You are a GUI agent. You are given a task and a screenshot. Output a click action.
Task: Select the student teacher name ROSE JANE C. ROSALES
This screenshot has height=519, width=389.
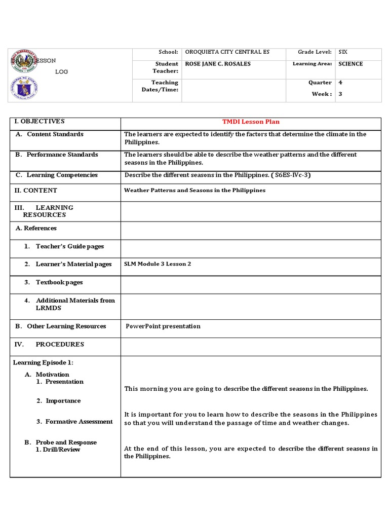(218, 64)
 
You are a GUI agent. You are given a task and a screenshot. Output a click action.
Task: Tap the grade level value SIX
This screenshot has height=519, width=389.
(343, 52)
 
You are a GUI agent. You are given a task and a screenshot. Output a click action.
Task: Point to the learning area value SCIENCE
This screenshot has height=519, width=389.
(351, 64)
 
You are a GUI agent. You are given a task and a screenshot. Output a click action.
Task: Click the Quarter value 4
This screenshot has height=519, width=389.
(340, 82)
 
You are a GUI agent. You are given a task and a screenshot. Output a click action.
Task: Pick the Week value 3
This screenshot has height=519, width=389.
(340, 94)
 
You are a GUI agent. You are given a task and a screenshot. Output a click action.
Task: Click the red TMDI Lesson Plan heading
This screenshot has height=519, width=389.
(251, 122)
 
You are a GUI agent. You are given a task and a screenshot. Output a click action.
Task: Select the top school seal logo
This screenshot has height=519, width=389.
(23, 61)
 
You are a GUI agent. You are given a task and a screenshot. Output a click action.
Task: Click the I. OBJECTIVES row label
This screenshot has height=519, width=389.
(40, 121)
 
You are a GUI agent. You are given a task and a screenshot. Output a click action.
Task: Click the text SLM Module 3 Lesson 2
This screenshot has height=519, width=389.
(158, 264)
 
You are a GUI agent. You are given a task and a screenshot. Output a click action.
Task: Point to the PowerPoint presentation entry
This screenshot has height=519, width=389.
(163, 326)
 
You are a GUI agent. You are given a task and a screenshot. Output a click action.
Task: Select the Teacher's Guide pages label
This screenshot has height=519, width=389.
(70, 246)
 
